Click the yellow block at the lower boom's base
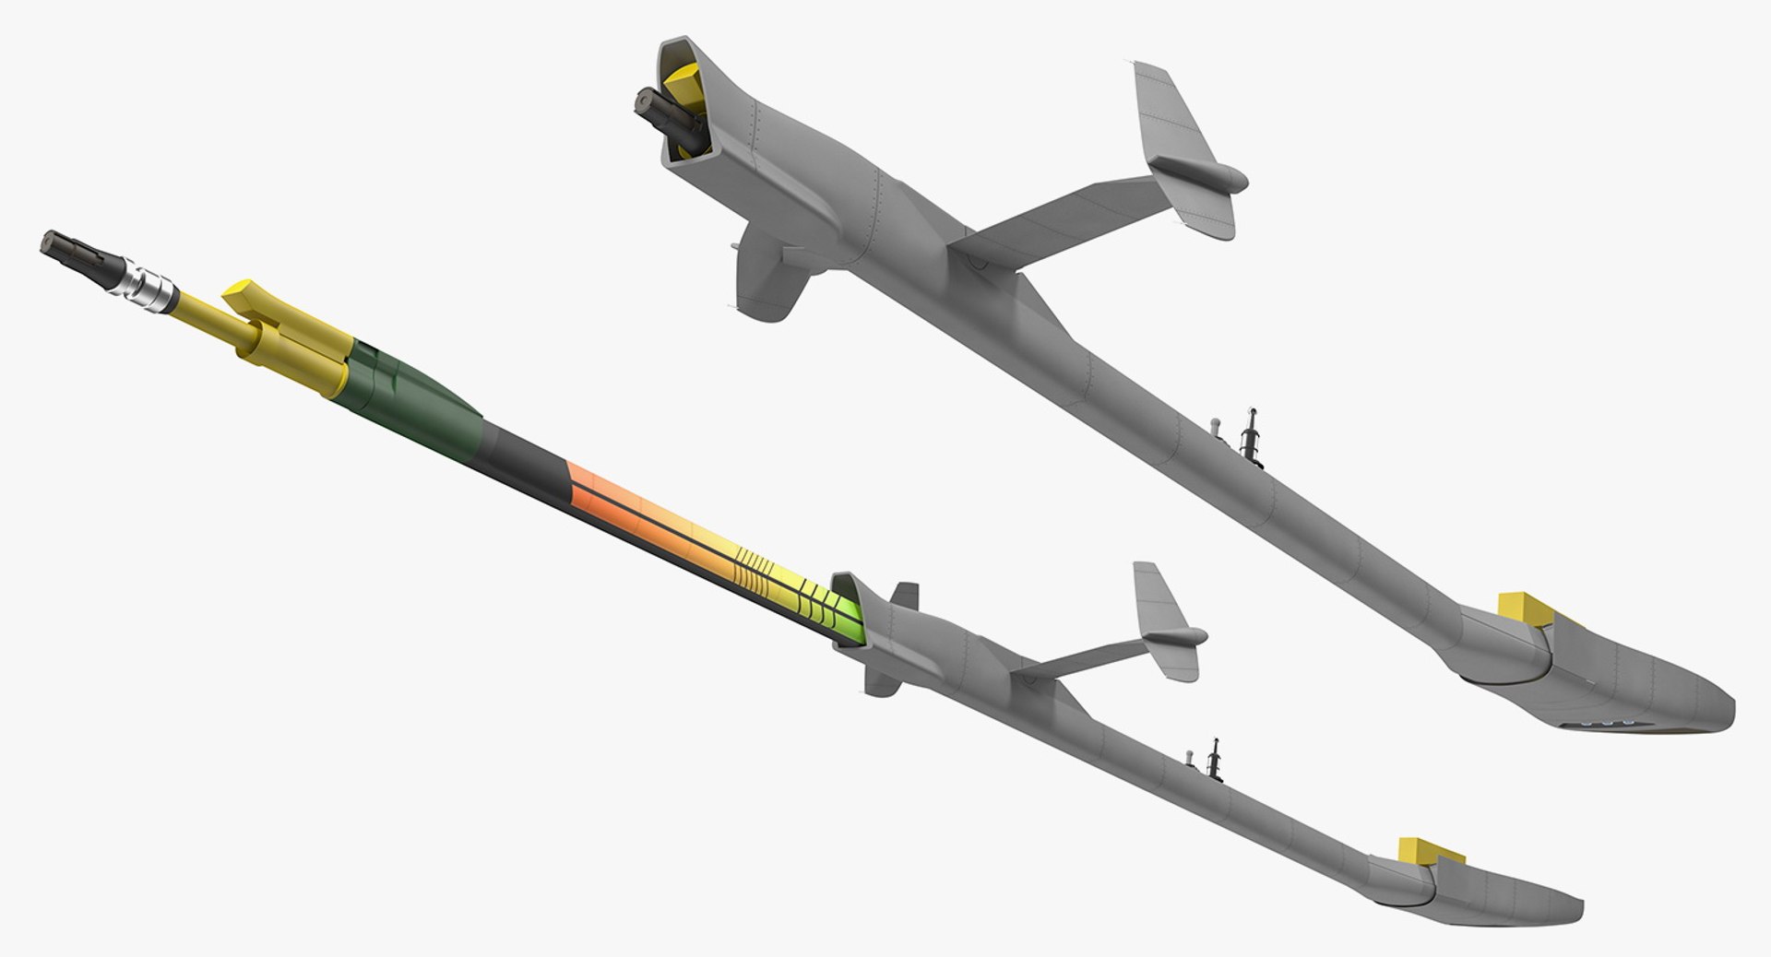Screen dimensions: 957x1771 (1419, 850)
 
